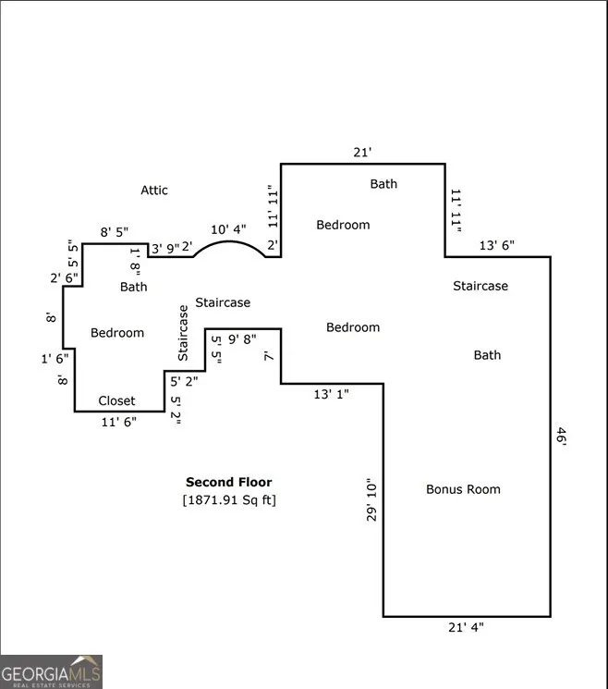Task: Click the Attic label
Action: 154,191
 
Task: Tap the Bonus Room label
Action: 463,489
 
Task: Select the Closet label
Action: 116,401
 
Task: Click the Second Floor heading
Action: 229,482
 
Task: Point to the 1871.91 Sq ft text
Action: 229,500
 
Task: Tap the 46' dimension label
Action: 561,436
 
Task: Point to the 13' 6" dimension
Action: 497,246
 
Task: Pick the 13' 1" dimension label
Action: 331,395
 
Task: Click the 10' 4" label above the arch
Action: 229,228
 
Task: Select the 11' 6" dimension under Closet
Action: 120,422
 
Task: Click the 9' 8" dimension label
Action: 245,339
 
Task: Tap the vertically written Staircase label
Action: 183,333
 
